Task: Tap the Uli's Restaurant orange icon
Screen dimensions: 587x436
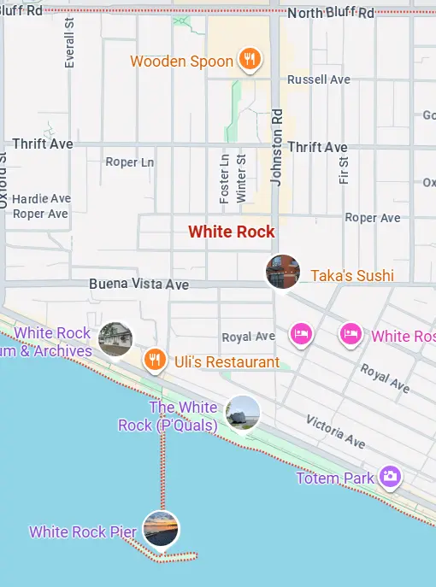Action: [x=154, y=360]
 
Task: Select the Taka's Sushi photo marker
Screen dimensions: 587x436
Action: [x=283, y=272]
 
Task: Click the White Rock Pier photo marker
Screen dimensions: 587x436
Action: [x=161, y=527]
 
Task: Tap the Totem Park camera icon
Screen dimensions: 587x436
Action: [x=391, y=476]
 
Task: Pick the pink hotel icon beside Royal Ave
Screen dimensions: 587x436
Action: [x=300, y=333]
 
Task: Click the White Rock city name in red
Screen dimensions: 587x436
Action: [x=232, y=232]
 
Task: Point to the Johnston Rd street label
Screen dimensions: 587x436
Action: [x=276, y=146]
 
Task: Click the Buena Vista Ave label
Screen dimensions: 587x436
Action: [x=140, y=284]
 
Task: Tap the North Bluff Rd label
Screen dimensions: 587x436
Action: [x=331, y=13]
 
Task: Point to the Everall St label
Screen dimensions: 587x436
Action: [x=69, y=43]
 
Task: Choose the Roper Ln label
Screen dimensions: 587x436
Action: [x=129, y=161]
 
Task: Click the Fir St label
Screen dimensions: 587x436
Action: [x=344, y=170]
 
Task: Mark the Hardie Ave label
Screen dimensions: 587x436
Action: [x=41, y=198]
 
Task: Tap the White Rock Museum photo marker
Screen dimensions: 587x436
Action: [x=115, y=339]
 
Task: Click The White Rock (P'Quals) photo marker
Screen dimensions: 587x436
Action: [x=243, y=413]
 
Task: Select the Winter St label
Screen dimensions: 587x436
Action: [x=241, y=179]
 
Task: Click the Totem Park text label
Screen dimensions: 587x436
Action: [x=335, y=478]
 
